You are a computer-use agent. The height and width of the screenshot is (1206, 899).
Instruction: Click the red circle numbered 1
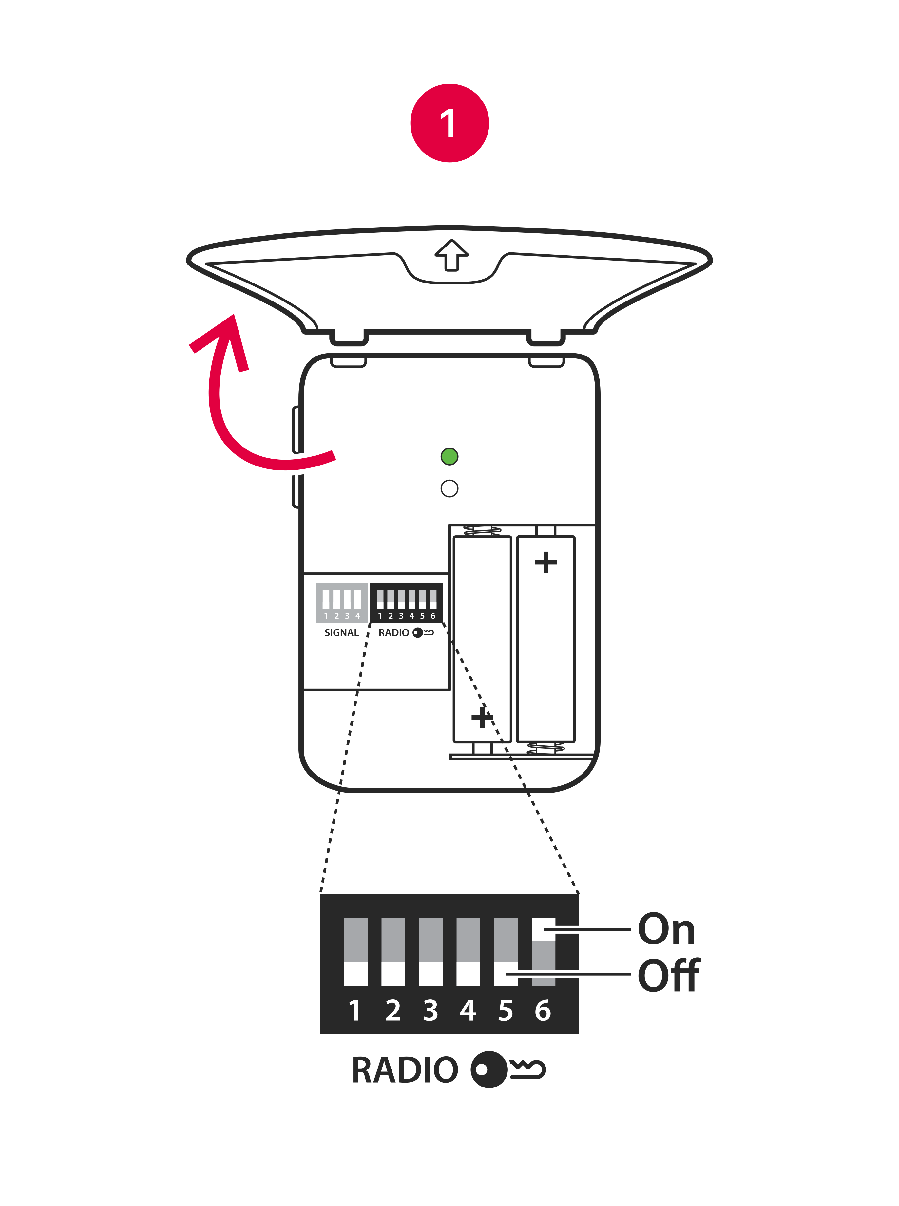[x=449, y=123]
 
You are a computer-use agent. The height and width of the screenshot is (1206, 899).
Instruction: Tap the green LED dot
[x=449, y=456]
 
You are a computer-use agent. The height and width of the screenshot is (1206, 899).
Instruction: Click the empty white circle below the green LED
[x=449, y=488]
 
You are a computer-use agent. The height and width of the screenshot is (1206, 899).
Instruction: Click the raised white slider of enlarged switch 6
[x=543, y=929]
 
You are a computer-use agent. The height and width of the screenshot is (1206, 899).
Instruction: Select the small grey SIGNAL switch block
[x=342, y=602]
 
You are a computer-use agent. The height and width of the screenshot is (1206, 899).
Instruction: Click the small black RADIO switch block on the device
[x=407, y=602]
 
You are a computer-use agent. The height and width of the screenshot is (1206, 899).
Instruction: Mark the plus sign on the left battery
[x=482, y=717]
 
